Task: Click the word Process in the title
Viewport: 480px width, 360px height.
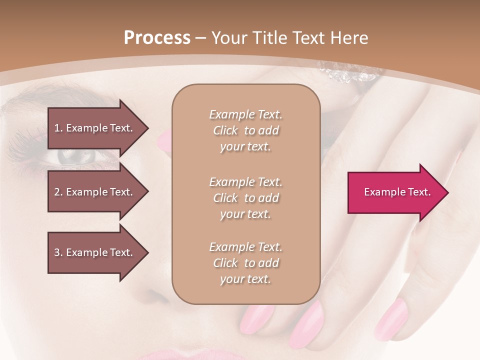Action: tap(157, 38)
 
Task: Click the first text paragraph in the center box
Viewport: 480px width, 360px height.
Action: tap(245, 130)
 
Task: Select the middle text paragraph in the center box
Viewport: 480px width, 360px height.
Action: tap(245, 198)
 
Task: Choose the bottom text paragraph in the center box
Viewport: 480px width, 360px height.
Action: tap(245, 263)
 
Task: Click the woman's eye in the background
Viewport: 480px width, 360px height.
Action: tap(75, 156)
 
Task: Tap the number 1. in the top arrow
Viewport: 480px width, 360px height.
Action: tap(58, 128)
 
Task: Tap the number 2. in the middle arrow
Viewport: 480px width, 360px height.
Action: tap(58, 192)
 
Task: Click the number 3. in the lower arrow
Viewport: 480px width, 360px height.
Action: tap(58, 252)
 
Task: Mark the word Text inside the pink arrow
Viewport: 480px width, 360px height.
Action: tap(419, 192)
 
